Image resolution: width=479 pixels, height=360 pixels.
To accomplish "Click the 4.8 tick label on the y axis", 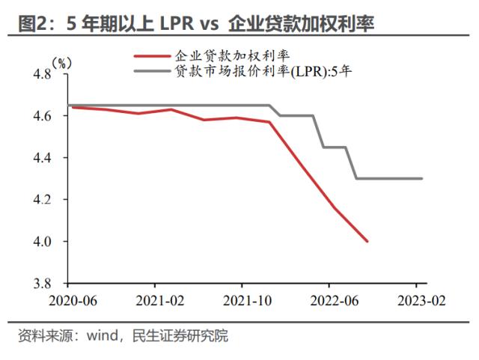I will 41,74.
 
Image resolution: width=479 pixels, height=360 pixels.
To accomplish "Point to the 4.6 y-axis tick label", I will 41,116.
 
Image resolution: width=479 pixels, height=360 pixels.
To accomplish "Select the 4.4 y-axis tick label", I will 41,158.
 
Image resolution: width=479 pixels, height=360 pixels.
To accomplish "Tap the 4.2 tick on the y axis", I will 41,200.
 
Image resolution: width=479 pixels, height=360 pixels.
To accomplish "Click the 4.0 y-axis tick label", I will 41,242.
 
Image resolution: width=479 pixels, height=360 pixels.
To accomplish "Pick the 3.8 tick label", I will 41,284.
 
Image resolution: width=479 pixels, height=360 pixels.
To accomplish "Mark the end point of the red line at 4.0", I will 367,241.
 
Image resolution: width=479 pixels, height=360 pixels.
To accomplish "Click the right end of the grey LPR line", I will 423,178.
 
